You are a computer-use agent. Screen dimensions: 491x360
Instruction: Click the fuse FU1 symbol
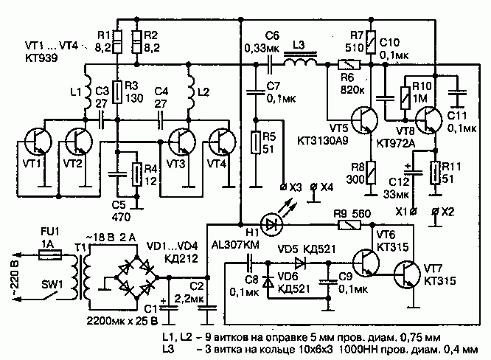[50, 255]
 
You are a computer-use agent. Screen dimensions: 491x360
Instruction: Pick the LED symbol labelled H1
[271, 224]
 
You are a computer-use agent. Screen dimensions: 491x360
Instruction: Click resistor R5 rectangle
[256, 143]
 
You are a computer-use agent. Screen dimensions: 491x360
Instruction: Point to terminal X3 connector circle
[283, 187]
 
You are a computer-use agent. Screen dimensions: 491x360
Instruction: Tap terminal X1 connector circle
[414, 212]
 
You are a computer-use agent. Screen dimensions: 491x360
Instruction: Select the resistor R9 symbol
[349, 225]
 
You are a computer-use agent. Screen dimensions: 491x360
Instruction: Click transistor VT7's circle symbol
[407, 274]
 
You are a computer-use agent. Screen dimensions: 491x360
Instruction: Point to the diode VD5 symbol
[300, 263]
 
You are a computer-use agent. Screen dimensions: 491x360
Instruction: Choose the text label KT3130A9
[322, 141]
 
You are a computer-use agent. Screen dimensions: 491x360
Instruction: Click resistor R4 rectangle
[136, 175]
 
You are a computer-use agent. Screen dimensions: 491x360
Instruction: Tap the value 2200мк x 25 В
[122, 322]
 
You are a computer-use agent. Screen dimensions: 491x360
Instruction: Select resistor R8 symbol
[371, 173]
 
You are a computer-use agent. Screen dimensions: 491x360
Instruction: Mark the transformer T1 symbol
[80, 272]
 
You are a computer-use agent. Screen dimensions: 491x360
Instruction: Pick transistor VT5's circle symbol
[364, 120]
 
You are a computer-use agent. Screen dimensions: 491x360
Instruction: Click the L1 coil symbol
[87, 91]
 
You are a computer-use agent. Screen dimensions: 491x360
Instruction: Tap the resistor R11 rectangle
[435, 173]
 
